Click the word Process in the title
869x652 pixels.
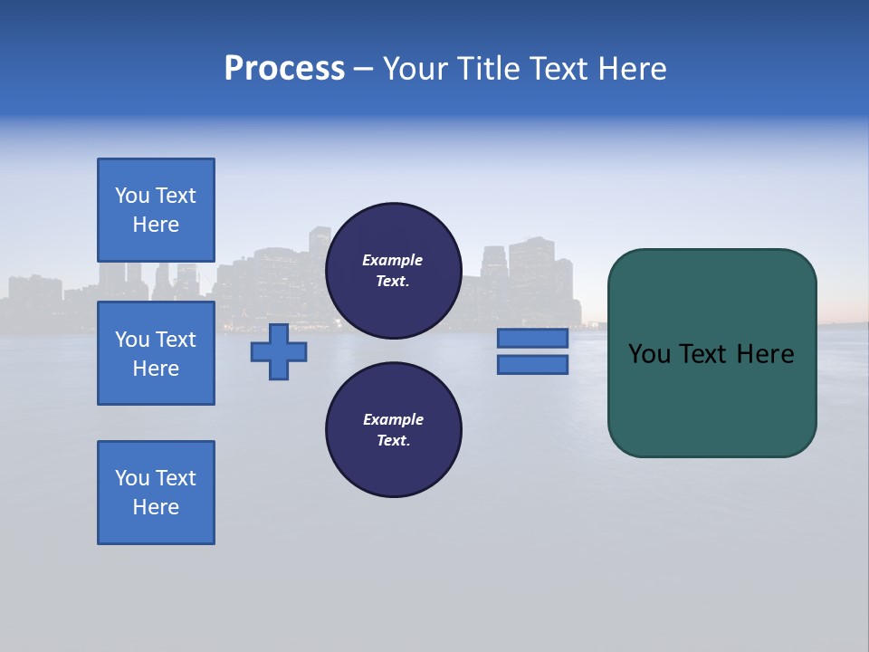point(284,69)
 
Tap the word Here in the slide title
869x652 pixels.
point(630,69)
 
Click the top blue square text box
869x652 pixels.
point(156,210)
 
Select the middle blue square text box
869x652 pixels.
point(156,353)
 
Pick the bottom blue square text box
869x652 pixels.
point(156,493)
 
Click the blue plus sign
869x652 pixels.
point(279,352)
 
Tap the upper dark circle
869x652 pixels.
point(393,271)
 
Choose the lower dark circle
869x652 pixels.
point(393,430)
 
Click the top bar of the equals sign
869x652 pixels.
point(532,339)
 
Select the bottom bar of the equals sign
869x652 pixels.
point(532,365)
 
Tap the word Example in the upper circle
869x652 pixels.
point(392,260)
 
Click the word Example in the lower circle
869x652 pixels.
point(393,419)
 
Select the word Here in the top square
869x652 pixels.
point(156,225)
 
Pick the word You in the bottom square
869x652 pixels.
point(132,478)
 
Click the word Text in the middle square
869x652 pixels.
point(176,340)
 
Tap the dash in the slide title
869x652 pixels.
point(363,69)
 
